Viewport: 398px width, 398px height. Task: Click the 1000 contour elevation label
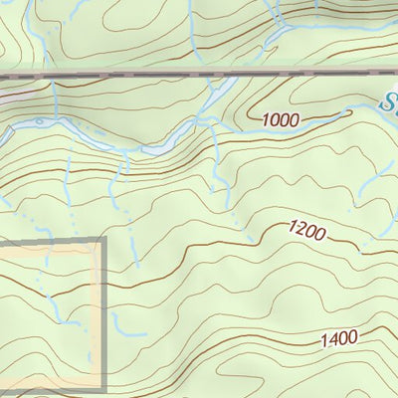click(282, 120)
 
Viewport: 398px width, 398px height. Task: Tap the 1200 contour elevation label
click(307, 232)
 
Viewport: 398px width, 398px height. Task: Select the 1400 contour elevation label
click(339, 339)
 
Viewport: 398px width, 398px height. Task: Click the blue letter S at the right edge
click(390, 100)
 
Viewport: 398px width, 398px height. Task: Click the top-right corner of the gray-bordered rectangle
click(103, 240)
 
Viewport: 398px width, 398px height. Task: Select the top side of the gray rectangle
click(50, 241)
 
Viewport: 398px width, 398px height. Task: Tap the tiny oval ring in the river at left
click(38, 122)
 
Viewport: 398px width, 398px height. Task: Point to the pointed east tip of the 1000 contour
click(350, 112)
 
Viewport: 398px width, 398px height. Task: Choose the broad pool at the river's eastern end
click(159, 149)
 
